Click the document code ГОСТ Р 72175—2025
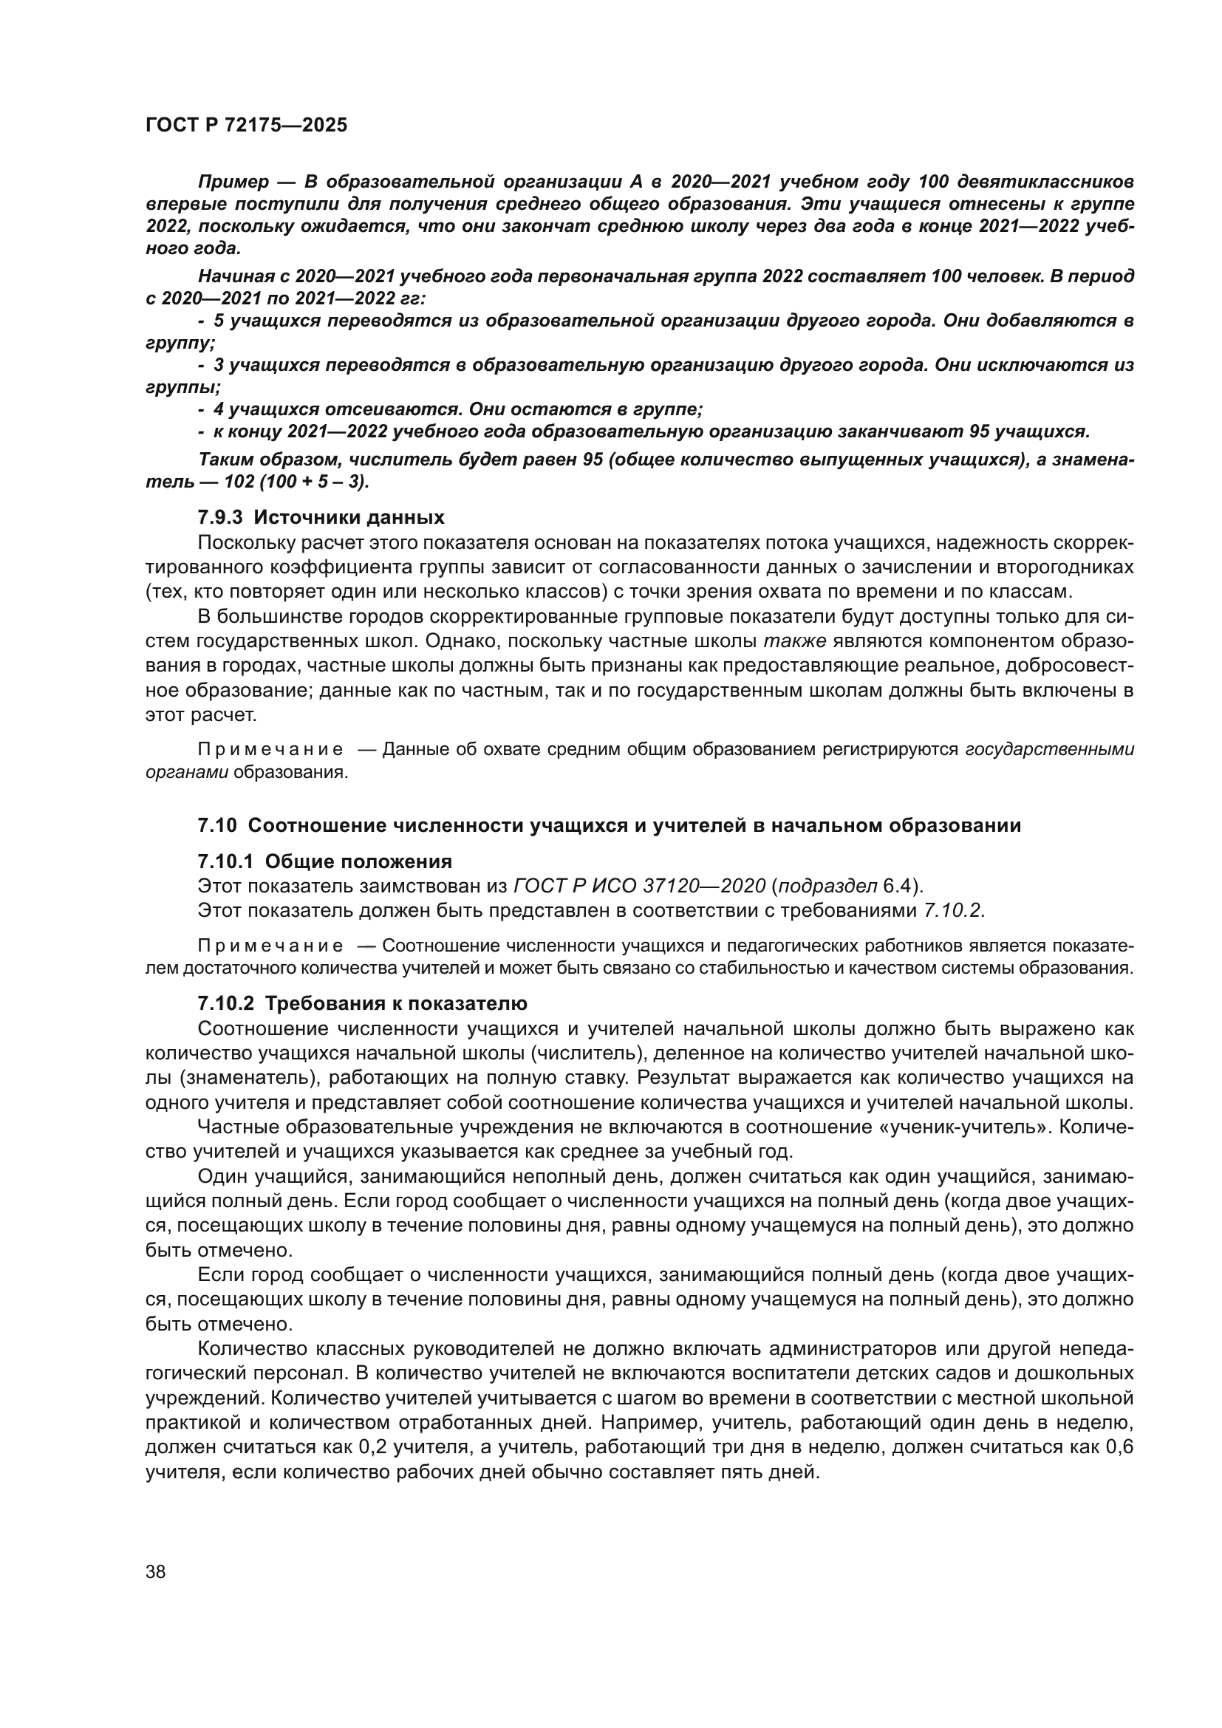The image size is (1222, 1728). click(246, 125)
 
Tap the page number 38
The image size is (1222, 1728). click(155, 1571)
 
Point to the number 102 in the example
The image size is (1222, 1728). click(239, 481)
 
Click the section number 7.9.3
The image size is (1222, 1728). click(219, 517)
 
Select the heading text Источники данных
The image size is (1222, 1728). click(349, 517)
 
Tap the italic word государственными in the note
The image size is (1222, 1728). click(1049, 749)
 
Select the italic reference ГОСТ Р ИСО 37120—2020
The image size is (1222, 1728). click(640, 886)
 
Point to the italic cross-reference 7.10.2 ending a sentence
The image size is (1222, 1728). click(952, 911)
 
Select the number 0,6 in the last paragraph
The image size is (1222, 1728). click(1119, 1447)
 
